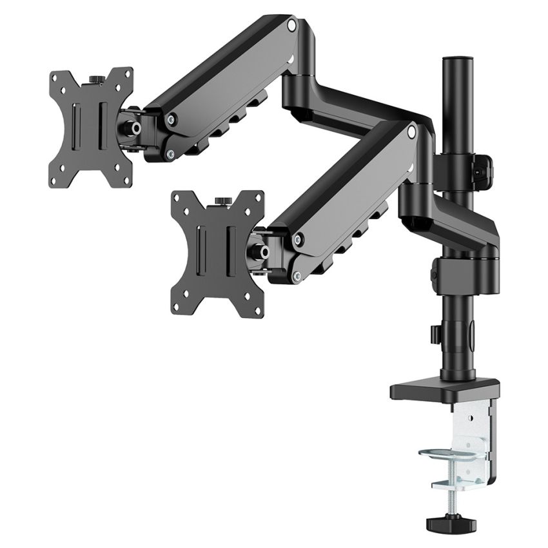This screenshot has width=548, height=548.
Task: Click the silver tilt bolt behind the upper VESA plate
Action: tap(137, 128)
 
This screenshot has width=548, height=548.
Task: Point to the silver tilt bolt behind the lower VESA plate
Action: tap(263, 250)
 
